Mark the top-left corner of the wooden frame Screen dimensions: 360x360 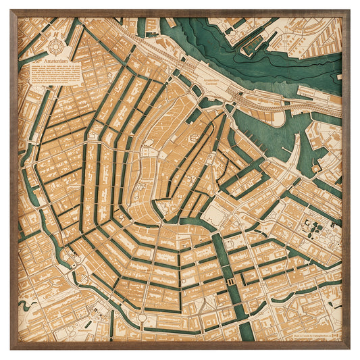11,11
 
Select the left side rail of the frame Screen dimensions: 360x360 14,180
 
